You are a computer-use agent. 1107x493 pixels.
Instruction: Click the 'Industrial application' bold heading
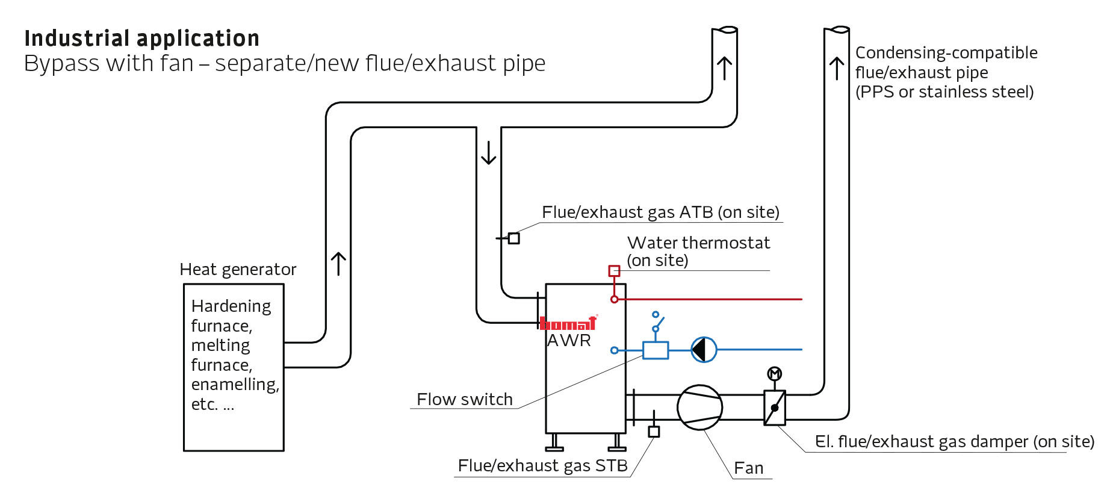[x=141, y=39]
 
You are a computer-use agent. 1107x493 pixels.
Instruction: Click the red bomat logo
[x=568, y=323]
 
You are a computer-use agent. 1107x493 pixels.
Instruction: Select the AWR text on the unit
[x=569, y=341]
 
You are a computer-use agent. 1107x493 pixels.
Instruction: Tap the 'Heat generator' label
[x=238, y=269]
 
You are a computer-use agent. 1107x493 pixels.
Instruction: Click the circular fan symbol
[x=699, y=408]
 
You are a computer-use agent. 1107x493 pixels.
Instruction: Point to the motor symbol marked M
[x=774, y=374]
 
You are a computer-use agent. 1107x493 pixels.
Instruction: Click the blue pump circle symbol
[x=703, y=349]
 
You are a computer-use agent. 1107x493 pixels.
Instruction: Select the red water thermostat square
[x=614, y=271]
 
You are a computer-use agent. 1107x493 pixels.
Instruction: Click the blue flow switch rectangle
[x=655, y=350]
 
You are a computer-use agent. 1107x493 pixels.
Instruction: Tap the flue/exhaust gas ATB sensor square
[x=513, y=238]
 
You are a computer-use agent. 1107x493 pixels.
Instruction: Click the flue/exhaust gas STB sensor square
[x=654, y=432]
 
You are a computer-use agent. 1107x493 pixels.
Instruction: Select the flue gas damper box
[x=775, y=408]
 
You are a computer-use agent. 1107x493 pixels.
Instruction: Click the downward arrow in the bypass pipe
[x=489, y=153]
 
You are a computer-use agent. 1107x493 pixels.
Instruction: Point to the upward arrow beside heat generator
[x=338, y=264]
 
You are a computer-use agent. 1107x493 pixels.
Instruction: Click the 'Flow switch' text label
[x=464, y=399]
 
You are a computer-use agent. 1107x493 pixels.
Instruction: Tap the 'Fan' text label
[x=748, y=468]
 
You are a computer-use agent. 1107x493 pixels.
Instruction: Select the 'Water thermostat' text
[x=698, y=243]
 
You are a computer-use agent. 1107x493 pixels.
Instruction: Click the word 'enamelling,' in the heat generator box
[x=235, y=385]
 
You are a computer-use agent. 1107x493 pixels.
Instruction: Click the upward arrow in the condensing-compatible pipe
[x=836, y=68]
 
